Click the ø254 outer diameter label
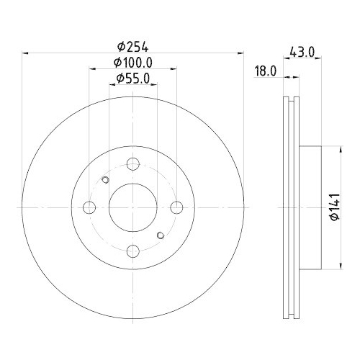134,45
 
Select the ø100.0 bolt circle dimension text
134,62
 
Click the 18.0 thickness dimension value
266,70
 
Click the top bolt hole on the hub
134,163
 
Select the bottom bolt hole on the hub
134,251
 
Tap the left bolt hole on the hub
90,207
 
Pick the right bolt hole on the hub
178,207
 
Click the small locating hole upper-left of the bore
106,180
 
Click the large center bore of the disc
134,207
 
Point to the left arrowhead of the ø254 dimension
26,53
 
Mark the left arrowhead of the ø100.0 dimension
92,69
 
